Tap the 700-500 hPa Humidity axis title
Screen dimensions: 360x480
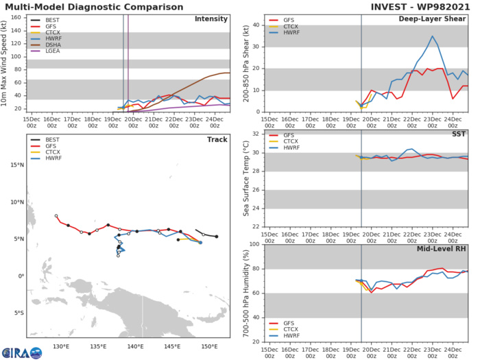244,293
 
